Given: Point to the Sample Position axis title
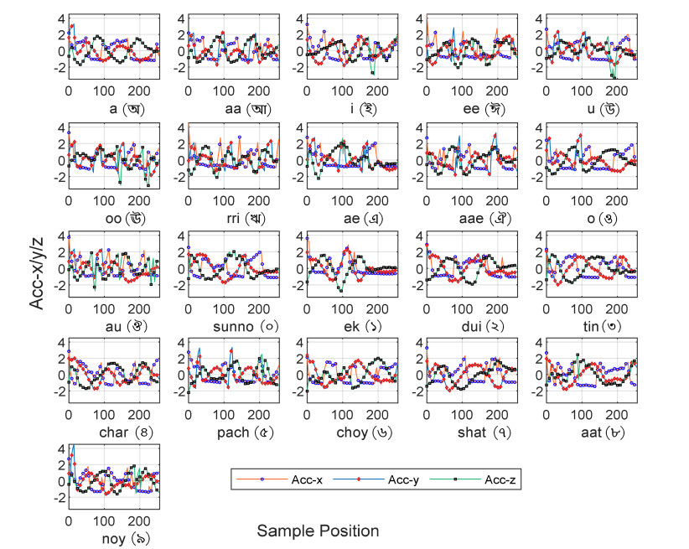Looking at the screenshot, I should coord(318,531).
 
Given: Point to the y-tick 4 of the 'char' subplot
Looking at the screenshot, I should coord(60,343).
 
